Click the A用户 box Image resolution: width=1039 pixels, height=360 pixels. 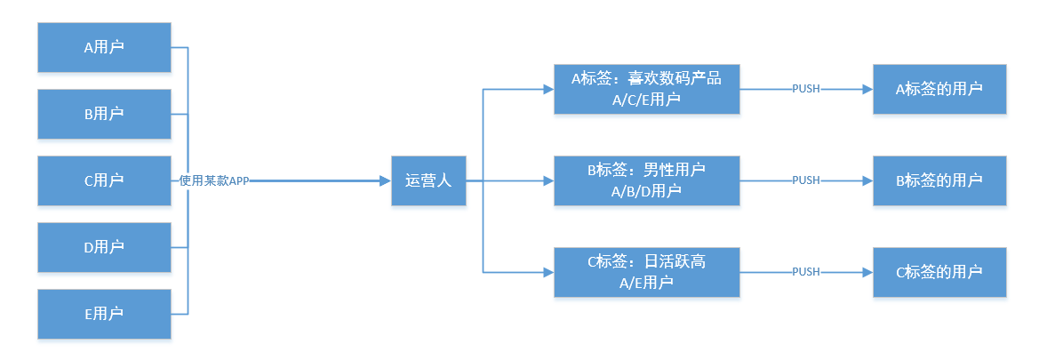[x=104, y=47]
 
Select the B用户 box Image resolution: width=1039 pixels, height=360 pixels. [x=104, y=114]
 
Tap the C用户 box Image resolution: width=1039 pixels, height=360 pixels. [x=104, y=180]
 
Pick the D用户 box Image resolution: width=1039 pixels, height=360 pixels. [x=104, y=247]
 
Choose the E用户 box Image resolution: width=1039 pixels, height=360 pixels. [x=104, y=314]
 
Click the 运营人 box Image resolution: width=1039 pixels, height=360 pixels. [x=429, y=180]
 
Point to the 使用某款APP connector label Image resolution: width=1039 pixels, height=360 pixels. [x=214, y=180]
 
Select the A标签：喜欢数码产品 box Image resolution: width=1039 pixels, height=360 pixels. [x=646, y=89]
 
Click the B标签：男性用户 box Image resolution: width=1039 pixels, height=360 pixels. [x=646, y=180]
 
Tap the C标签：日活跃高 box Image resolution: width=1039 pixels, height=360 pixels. [x=646, y=272]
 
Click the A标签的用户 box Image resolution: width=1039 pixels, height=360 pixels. [x=939, y=89]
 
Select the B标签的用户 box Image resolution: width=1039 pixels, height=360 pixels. [x=939, y=180]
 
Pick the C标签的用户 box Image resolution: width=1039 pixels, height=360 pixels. [x=939, y=272]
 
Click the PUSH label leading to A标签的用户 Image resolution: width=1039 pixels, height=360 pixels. [x=805, y=89]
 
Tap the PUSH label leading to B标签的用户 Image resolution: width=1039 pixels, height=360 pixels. [x=805, y=180]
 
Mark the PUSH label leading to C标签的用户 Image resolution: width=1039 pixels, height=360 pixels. [x=805, y=272]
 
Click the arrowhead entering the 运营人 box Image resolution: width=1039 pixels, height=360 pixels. [x=385, y=180]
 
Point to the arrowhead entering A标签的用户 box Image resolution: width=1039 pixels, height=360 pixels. [x=867, y=89]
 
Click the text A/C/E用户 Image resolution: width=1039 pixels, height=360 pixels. [x=646, y=100]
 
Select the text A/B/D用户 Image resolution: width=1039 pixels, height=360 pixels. [x=646, y=191]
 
